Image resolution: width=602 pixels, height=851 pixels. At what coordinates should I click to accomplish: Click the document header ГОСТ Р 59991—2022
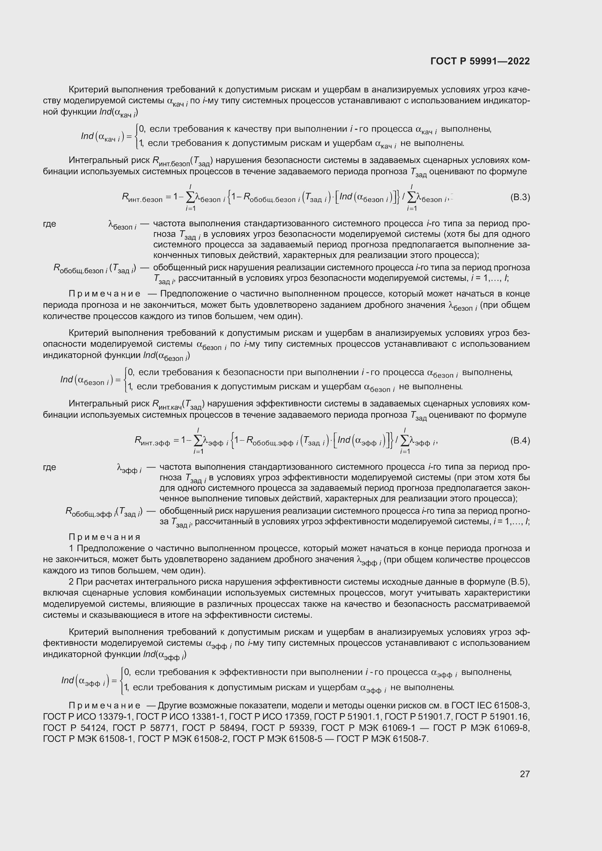tap(480, 61)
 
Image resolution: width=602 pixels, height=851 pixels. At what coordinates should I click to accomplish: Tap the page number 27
tap(524, 774)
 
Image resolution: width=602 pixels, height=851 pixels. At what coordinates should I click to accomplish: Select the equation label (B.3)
tap(520, 197)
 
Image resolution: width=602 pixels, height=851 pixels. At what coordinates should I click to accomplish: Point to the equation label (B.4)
tap(520, 441)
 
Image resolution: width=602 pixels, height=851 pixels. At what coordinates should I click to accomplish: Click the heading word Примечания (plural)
tap(104, 537)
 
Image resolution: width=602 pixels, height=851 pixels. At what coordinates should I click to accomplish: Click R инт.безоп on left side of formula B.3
tap(142, 198)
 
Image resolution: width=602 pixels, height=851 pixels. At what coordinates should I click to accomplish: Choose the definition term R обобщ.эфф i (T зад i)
tap(104, 513)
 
